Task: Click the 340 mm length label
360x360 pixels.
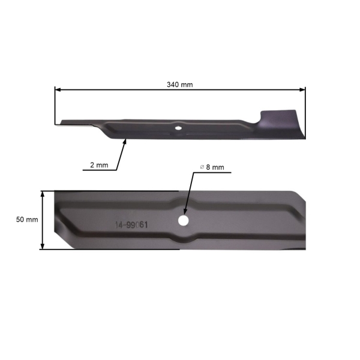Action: (x=180, y=85)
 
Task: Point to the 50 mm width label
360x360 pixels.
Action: (x=27, y=220)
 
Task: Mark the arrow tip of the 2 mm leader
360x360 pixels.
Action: (x=125, y=140)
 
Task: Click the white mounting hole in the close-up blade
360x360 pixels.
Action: (x=182, y=220)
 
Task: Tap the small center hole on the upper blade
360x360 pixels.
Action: (x=178, y=127)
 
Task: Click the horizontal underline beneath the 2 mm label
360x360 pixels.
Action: (x=99, y=170)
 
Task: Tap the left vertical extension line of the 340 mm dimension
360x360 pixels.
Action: (x=55, y=108)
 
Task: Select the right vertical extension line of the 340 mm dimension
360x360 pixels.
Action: (x=305, y=111)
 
